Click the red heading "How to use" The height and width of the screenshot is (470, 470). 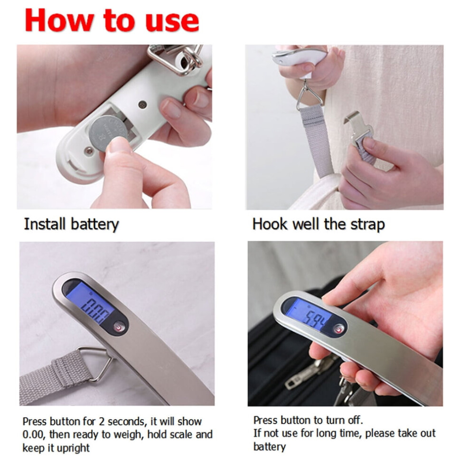[112, 20]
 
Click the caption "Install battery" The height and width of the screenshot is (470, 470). [71, 225]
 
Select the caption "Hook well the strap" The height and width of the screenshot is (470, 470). [319, 224]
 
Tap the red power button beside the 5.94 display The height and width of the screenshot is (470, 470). [339, 329]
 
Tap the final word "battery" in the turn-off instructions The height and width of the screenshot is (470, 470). [270, 447]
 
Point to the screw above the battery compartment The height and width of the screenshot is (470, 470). [142, 104]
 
